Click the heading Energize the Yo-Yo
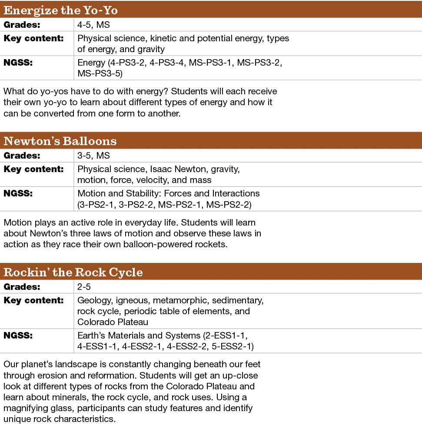60,10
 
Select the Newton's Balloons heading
60,141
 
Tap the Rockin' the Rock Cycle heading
73,272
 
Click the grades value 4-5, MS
93,25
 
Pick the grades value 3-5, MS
93,156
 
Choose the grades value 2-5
85,287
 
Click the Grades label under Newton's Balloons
22,156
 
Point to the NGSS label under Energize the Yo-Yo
18,63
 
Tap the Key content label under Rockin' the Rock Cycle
33,300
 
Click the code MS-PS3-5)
100,74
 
